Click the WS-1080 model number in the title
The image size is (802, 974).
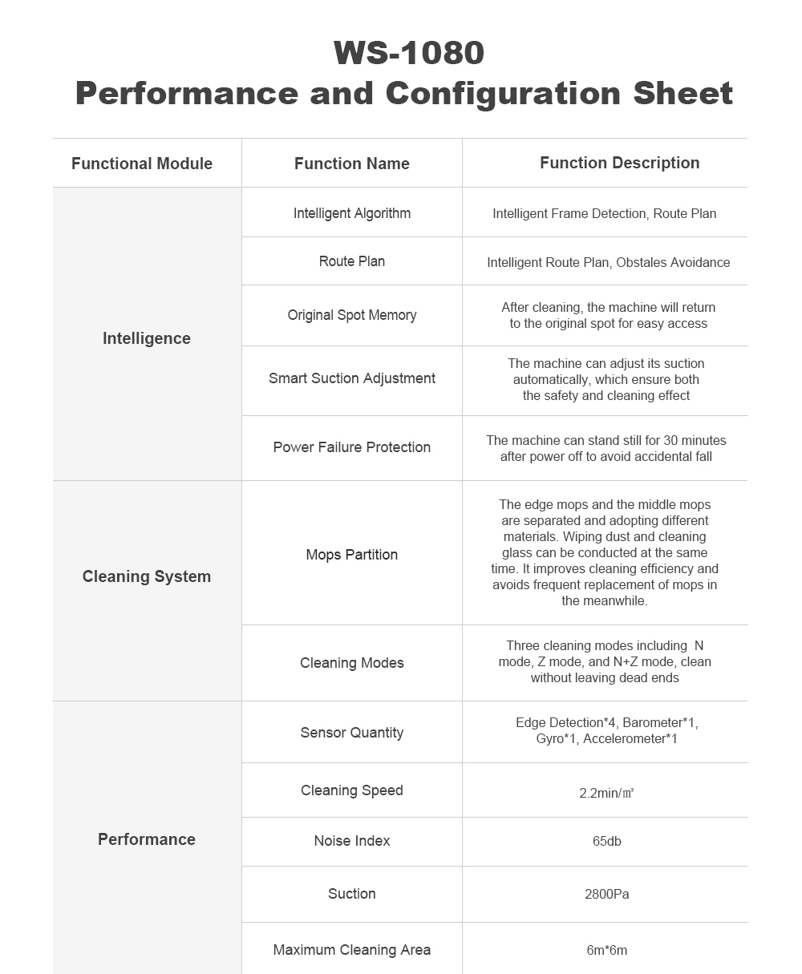pyautogui.click(x=409, y=53)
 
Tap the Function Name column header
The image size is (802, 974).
pyautogui.click(x=351, y=164)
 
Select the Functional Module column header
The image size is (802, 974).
pyautogui.click(x=142, y=164)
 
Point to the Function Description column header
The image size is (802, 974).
pyautogui.click(x=619, y=163)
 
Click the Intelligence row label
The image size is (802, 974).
pyautogui.click(x=147, y=338)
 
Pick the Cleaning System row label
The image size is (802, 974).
pyautogui.click(x=147, y=576)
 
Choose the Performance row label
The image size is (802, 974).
pyautogui.click(x=147, y=839)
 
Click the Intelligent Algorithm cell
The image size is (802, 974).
pyautogui.click(x=351, y=213)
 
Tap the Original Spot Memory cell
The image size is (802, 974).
pyautogui.click(x=351, y=315)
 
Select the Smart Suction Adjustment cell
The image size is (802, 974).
pyautogui.click(x=351, y=378)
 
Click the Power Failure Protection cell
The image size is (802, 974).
pyautogui.click(x=351, y=447)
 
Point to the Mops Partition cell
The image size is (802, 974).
pyautogui.click(x=351, y=555)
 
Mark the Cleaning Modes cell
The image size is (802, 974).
pyautogui.click(x=351, y=663)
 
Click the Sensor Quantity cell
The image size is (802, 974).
pyautogui.click(x=351, y=733)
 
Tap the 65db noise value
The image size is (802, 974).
pyautogui.click(x=606, y=841)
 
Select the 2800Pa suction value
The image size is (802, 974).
pyautogui.click(x=606, y=894)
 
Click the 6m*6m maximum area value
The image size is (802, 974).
pyautogui.click(x=606, y=950)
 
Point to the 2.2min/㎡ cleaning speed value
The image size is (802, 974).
pyautogui.click(x=606, y=793)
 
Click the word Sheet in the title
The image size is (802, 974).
pyautogui.click(x=683, y=93)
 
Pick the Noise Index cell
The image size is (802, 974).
pyautogui.click(x=351, y=841)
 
